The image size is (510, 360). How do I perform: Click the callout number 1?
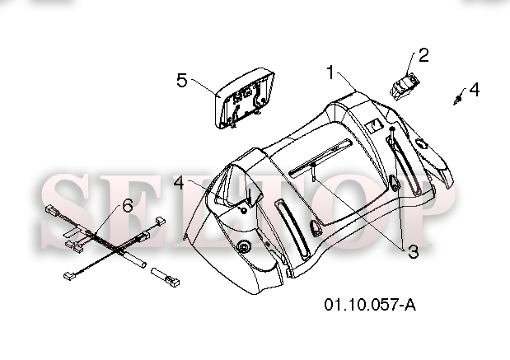tap(330, 72)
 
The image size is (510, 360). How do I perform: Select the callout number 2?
tap(423, 55)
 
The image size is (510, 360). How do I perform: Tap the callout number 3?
tap(413, 252)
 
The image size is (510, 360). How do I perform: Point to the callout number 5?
tap(182, 80)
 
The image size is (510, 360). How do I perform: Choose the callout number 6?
tap(128, 205)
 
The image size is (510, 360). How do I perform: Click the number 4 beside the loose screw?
tap(475, 90)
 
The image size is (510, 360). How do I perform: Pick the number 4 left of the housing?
tap(179, 183)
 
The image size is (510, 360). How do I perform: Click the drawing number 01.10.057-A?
tap(370, 305)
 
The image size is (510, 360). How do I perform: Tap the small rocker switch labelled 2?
tap(404, 86)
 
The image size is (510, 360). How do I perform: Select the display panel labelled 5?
tap(245, 98)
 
